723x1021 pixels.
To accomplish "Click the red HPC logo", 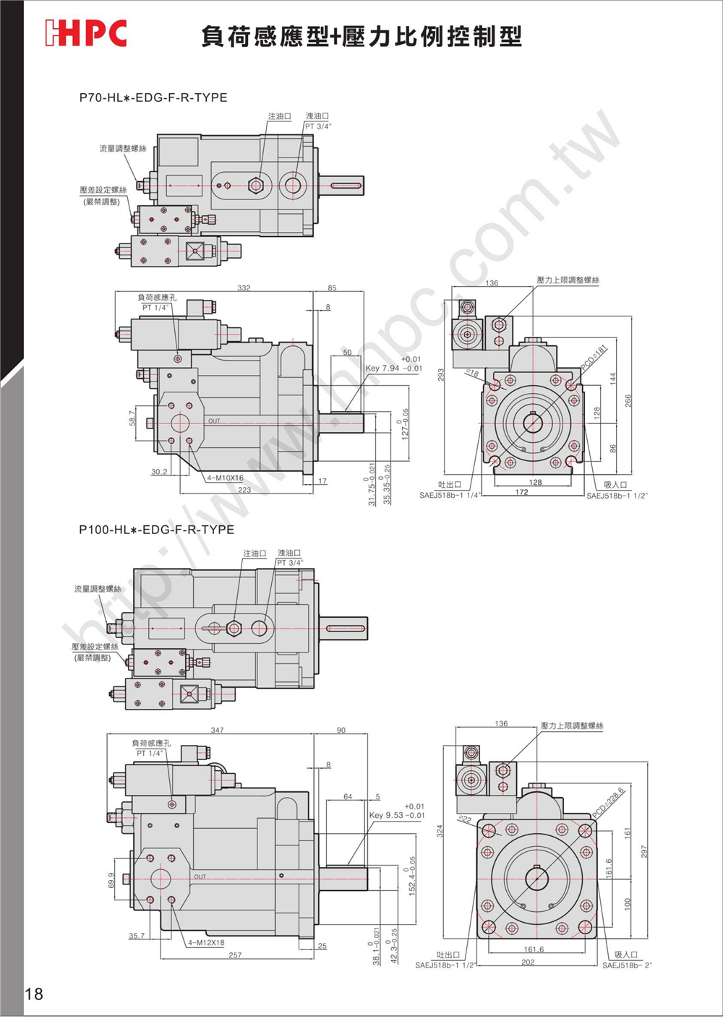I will [85, 33].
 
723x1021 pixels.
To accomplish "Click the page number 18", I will [34, 994].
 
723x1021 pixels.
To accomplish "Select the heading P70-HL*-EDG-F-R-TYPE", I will [153, 98].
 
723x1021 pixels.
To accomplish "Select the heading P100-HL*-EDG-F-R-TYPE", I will [157, 530].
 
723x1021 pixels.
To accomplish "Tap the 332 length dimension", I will [244, 288].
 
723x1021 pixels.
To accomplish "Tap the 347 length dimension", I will [217, 730].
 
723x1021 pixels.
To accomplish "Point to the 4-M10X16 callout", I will [225, 478].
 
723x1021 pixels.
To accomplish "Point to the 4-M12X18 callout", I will [206, 943].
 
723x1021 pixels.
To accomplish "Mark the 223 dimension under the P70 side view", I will [244, 490].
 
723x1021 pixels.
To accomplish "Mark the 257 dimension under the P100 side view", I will [235, 955].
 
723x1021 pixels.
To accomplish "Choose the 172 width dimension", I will [521, 493].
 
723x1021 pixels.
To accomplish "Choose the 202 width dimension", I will [528, 962].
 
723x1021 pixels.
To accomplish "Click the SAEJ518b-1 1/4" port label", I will [450, 496].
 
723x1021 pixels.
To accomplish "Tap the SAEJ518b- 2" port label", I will [627, 965].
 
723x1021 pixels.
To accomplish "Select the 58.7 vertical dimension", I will [132, 418].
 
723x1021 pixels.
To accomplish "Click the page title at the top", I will [361, 36].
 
